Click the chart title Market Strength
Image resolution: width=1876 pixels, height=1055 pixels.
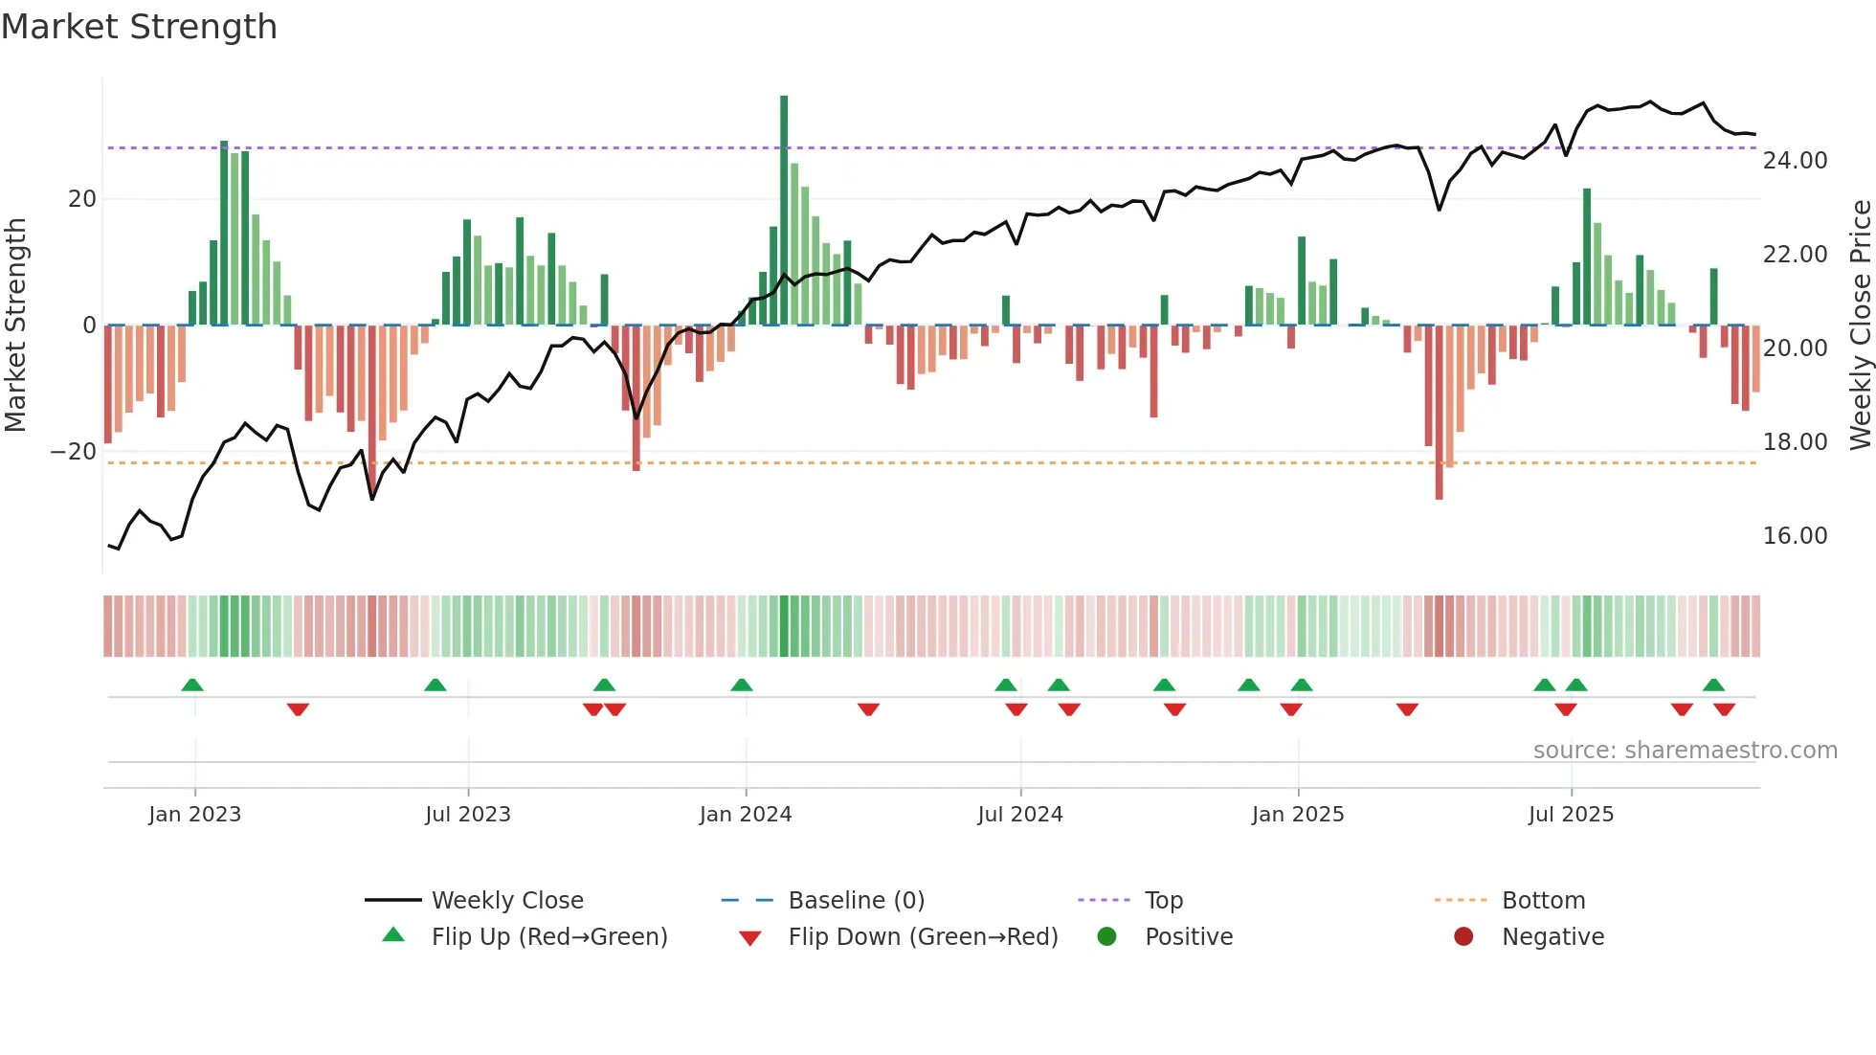point(139,27)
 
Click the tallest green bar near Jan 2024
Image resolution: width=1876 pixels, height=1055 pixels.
point(784,211)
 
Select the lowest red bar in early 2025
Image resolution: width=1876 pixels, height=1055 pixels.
point(1439,412)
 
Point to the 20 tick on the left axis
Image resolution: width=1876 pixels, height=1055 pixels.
point(82,199)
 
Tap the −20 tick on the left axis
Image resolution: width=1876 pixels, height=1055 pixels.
point(74,452)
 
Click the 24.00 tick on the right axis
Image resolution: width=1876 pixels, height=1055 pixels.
point(1795,161)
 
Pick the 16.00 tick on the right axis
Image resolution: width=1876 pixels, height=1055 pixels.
point(1795,536)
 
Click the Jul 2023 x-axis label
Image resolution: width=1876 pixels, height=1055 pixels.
point(468,815)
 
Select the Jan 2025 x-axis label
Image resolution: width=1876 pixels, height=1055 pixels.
point(1297,815)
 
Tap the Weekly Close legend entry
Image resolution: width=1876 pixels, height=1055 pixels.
point(506,901)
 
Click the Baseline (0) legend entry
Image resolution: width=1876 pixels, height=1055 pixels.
point(856,901)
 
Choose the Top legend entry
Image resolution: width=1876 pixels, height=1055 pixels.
point(1163,901)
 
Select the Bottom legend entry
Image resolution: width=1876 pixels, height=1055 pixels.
point(1543,901)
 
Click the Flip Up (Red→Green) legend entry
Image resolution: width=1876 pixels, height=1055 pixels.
point(548,937)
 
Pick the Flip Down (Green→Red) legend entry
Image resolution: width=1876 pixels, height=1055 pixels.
point(923,937)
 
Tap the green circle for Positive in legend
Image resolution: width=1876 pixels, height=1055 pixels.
point(1107,937)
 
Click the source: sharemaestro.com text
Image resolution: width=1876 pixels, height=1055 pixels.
point(1685,751)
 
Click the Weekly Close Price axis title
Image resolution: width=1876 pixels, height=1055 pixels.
point(1860,325)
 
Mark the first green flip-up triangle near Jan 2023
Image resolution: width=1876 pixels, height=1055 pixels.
point(192,685)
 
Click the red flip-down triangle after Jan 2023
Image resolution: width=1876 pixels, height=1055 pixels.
point(298,709)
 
